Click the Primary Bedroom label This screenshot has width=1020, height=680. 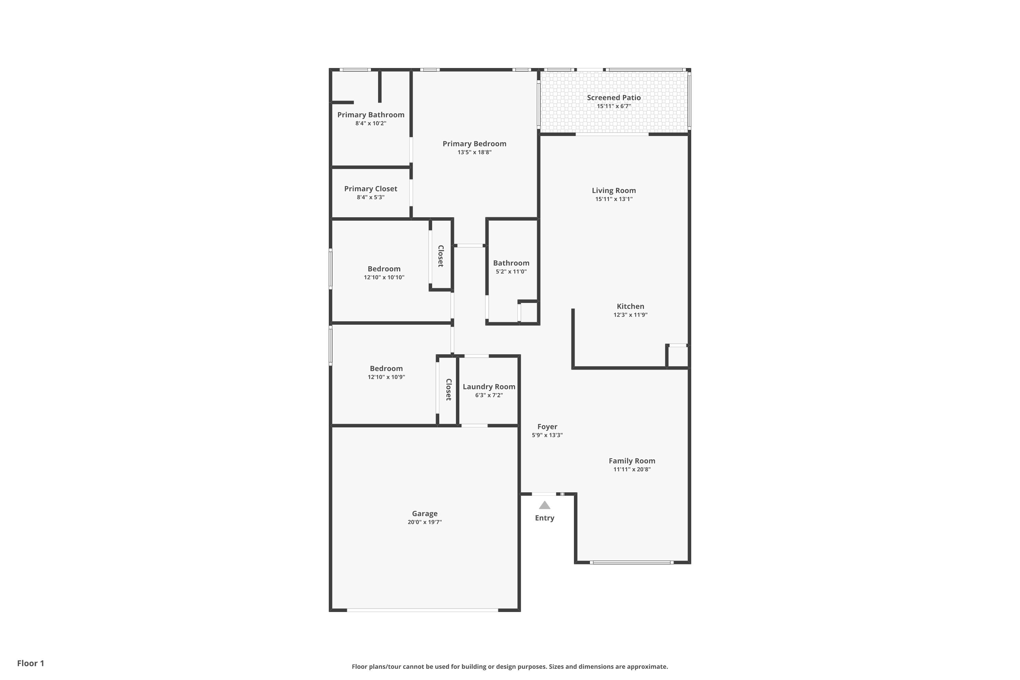[x=474, y=143]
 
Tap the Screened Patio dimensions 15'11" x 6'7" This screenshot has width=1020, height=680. [x=614, y=106]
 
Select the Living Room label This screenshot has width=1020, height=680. [x=614, y=190]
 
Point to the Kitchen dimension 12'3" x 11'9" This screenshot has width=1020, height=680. [x=630, y=315]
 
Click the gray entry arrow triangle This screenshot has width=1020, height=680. [x=545, y=505]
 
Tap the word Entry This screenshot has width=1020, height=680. [x=544, y=518]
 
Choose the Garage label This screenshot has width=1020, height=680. [x=425, y=513]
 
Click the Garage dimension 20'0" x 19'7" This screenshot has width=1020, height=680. [x=425, y=522]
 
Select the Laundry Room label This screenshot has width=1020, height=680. [x=489, y=386]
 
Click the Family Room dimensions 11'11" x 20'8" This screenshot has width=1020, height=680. [x=632, y=469]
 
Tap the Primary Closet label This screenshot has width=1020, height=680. [x=370, y=189]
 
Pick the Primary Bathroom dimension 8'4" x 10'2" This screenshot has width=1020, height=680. [x=371, y=123]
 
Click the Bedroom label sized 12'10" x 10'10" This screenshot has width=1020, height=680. [x=384, y=269]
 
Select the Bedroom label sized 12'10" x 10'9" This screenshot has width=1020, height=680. [x=386, y=369]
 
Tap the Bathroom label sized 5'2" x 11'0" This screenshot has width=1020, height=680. [x=511, y=263]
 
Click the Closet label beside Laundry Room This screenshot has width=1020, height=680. [x=448, y=389]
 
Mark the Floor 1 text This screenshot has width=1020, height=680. [x=30, y=663]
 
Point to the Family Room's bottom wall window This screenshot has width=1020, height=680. [x=631, y=562]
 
